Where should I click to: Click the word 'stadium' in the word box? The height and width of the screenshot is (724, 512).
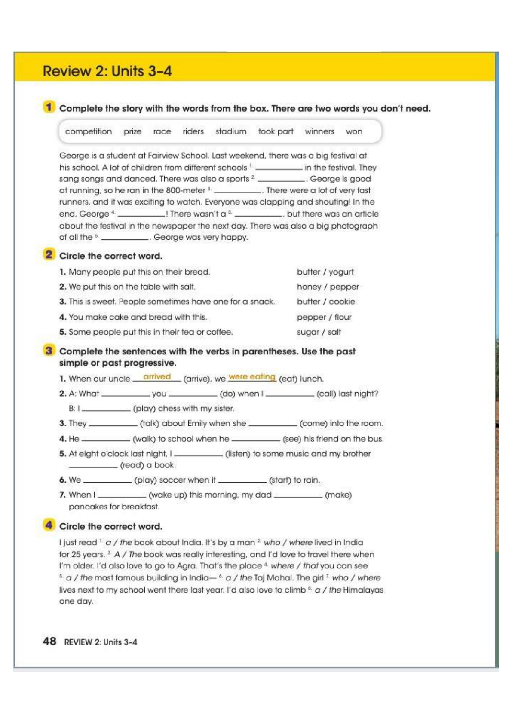click(x=231, y=131)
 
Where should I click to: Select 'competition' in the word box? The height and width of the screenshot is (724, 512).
click(x=88, y=131)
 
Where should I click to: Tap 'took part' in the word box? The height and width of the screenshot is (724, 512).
click(x=276, y=131)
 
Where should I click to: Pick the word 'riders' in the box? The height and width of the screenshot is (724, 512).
click(x=193, y=131)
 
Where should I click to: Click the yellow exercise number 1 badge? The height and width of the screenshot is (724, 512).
click(x=49, y=107)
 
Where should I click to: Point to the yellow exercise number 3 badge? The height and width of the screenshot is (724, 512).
click(x=49, y=351)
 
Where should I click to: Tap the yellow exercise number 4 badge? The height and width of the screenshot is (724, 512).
click(x=49, y=525)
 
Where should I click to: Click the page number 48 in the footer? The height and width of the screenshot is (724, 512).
click(x=49, y=641)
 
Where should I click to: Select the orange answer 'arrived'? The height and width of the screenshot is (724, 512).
click(x=157, y=376)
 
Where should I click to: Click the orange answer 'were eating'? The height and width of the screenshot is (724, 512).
click(x=252, y=376)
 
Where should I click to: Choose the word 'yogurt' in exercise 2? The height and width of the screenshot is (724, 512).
click(x=341, y=272)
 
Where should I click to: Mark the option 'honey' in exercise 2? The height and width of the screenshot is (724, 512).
click(x=309, y=287)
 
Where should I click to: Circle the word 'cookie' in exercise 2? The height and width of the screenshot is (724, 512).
click(x=342, y=302)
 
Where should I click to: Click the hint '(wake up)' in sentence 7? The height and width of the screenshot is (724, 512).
click(x=168, y=495)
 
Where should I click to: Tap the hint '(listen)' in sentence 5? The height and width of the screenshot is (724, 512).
click(x=237, y=454)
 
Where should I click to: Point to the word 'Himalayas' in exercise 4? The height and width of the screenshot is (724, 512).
click(x=363, y=590)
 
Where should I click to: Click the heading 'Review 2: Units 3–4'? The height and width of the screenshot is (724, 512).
click(x=107, y=71)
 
